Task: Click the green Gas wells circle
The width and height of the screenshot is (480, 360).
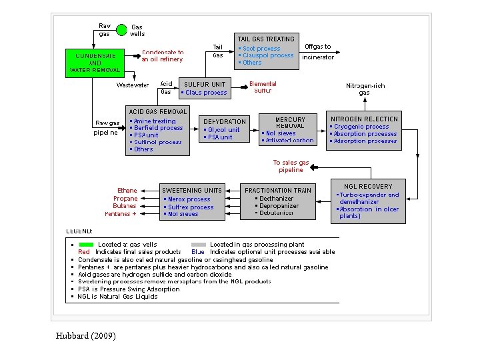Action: point(121,30)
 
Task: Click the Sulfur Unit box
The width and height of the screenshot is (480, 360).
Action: point(205,88)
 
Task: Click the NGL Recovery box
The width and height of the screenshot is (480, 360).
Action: point(368,200)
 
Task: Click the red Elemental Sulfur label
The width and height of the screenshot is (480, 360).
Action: point(263,87)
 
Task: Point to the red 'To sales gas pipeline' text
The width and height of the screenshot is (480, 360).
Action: point(291,166)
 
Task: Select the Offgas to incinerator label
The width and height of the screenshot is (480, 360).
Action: point(318,51)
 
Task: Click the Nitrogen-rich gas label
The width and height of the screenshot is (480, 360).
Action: point(365,89)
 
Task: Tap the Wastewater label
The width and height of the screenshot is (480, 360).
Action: point(133,85)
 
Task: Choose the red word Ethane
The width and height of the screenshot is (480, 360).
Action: point(127,191)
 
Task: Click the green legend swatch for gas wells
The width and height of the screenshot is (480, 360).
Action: point(86,245)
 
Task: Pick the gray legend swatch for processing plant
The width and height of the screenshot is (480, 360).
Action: point(198,245)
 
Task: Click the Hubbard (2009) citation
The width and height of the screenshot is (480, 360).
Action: point(86,335)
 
